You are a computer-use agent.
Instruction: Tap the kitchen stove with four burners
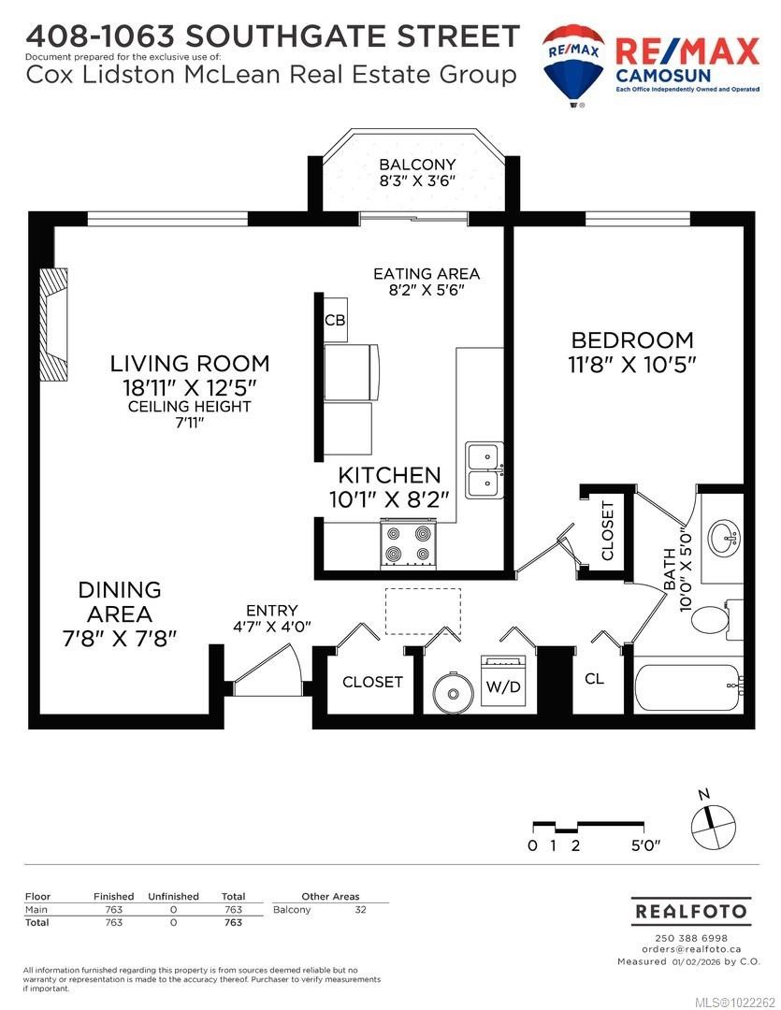pyautogui.click(x=409, y=543)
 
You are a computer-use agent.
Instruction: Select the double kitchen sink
pyautogui.click(x=485, y=470)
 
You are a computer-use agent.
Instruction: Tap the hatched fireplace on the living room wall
pyautogui.click(x=53, y=323)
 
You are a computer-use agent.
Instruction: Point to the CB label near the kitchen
pyautogui.click(x=335, y=320)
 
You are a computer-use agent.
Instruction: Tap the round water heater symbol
pyautogui.click(x=453, y=693)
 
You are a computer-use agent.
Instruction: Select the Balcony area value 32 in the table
pyautogui.click(x=360, y=909)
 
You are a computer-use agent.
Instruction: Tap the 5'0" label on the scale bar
pyautogui.click(x=645, y=845)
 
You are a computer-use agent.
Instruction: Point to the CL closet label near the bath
pyautogui.click(x=594, y=679)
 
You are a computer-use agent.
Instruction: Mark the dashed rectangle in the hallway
pyautogui.click(x=423, y=608)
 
